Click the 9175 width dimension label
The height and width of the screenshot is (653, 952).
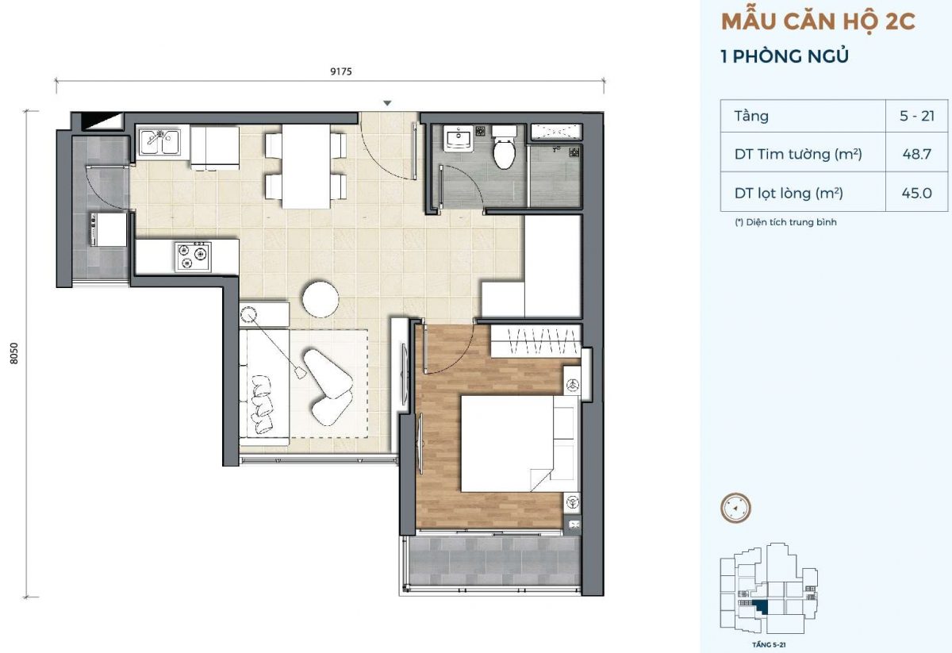point(341,71)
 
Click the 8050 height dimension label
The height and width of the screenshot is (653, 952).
point(14,353)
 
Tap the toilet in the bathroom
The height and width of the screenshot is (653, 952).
point(504,147)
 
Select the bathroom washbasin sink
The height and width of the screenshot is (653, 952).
point(459,139)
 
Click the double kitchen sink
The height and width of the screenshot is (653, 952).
point(159,142)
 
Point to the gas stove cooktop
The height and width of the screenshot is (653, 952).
point(193,257)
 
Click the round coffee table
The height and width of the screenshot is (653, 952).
point(321,299)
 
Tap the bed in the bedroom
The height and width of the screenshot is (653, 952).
point(520,444)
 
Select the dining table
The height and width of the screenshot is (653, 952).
point(306,166)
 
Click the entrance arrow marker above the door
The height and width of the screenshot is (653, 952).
point(387,103)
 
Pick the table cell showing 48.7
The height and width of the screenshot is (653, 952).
point(917,153)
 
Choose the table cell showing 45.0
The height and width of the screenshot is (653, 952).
point(917,193)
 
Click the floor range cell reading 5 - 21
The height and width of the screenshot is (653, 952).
point(917,116)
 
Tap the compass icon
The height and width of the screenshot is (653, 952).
point(735,508)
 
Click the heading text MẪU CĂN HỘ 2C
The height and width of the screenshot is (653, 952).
point(818,22)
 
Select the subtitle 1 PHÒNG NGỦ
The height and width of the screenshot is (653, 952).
point(785,56)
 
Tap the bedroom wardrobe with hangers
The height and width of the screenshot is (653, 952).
point(535,341)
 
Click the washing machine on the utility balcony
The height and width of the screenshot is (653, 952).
point(109,229)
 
